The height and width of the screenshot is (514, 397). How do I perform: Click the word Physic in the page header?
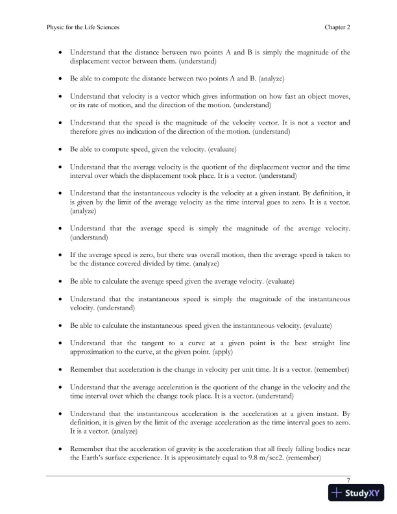point(58,28)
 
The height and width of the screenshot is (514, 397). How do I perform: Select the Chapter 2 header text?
point(337,28)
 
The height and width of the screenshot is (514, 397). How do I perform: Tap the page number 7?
point(349,480)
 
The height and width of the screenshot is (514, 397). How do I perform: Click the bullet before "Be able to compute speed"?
point(60,149)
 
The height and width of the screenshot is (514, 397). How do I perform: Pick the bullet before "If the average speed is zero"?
point(60,254)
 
